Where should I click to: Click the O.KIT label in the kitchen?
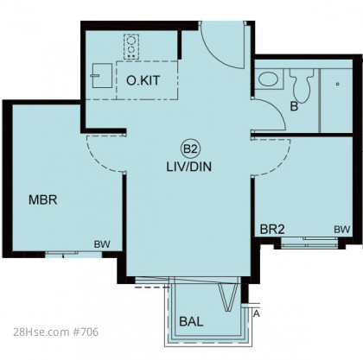(x=143, y=81)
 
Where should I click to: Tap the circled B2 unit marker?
(x=190, y=148)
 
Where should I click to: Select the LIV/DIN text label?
(x=189, y=167)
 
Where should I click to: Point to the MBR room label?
(x=43, y=200)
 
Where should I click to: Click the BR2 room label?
(x=272, y=230)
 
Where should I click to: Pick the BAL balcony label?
(x=191, y=321)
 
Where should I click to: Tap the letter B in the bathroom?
(x=294, y=107)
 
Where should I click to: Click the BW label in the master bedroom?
(x=102, y=244)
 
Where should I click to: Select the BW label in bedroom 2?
(x=342, y=230)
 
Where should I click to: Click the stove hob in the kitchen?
(x=131, y=47)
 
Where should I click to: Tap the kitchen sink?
(x=102, y=76)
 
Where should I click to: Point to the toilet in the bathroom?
(x=302, y=85)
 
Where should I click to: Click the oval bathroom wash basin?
(x=268, y=79)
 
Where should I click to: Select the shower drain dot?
(x=338, y=84)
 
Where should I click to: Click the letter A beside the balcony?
(x=257, y=313)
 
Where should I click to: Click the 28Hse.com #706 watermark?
(x=55, y=332)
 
